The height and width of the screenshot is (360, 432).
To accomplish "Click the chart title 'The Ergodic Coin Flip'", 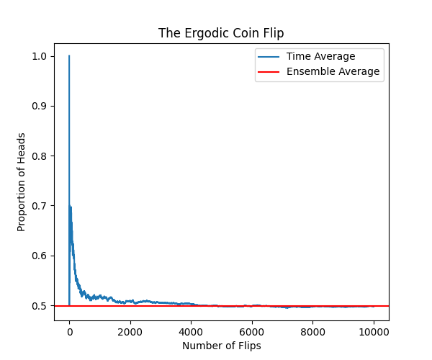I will coord(221,33).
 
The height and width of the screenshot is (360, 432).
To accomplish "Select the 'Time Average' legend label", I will coord(320,56).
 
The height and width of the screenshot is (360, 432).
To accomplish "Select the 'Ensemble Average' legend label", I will coord(333,71).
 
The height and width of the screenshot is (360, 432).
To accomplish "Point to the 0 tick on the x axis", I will coord(69,332).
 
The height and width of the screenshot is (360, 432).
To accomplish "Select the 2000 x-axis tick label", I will coord(130,332).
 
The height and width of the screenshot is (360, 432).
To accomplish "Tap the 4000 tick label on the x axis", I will coord(191,332).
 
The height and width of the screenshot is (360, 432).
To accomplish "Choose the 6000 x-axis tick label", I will coord(252,332).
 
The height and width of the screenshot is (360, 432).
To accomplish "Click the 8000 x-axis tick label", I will coord(312,332).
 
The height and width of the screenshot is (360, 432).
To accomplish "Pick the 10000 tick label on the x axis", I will coord(374,332).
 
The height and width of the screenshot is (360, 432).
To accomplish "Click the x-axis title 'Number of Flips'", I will coord(221,346).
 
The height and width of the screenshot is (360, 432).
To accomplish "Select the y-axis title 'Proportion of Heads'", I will coord(22,181).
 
